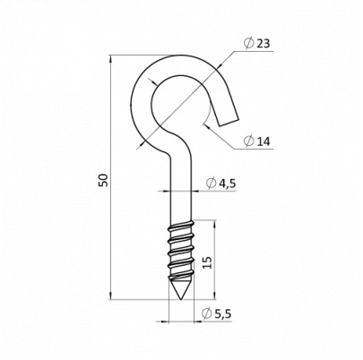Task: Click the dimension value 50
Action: pyautogui.click(x=104, y=180)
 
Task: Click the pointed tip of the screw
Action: pyautogui.click(x=181, y=299)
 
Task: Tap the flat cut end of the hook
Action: pyautogui.click(x=229, y=122)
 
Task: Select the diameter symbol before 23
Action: pyautogui.click(x=248, y=44)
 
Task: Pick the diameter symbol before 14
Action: pyautogui.click(x=248, y=141)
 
